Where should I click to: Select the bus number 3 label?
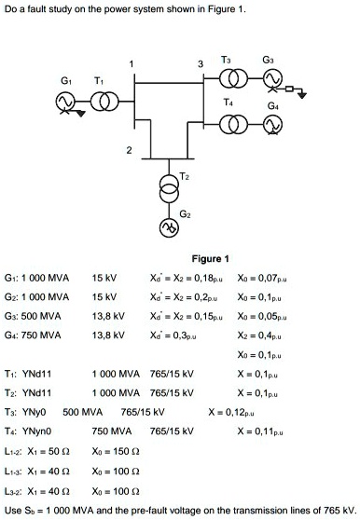click(x=201, y=63)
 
